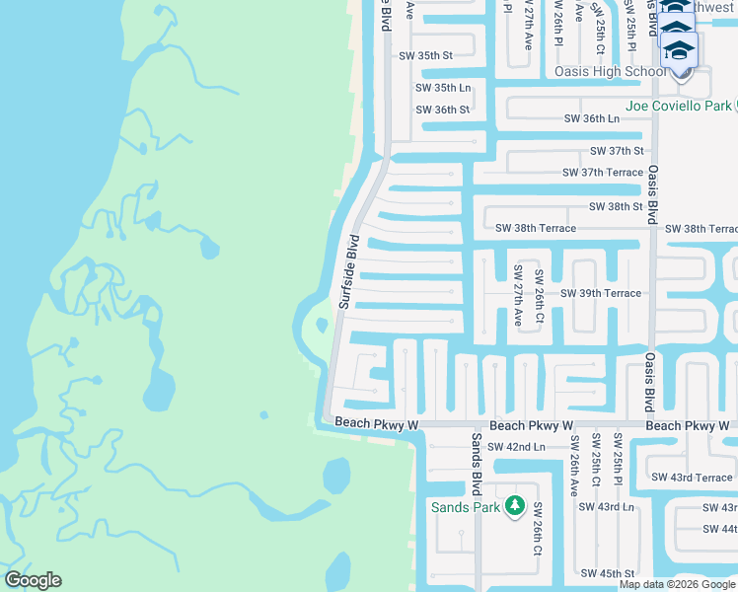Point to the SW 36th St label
pos(442,110)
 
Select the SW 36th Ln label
pos(591,118)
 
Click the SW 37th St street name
pos(617,151)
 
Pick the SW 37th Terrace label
pos(602,173)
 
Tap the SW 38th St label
pos(616,207)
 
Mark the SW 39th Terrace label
pos(601,293)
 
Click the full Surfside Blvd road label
pos(346,271)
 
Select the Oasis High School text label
pos(611,71)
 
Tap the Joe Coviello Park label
pos(679,106)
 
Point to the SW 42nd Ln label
pos(517,446)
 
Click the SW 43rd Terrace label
pos(692,478)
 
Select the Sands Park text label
pos(466,507)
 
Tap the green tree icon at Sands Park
pos(514,506)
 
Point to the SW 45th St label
pos(607,573)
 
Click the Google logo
pos(33,580)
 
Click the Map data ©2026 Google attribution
pos(678,584)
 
